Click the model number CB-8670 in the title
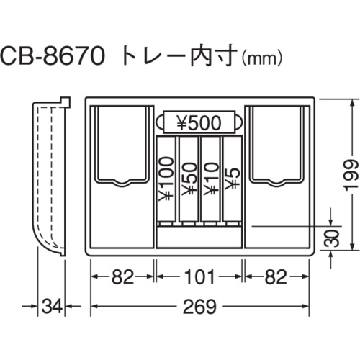(53, 57)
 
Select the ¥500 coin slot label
(199, 122)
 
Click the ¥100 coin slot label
(166, 179)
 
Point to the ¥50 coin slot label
(189, 179)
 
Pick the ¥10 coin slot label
(210, 179)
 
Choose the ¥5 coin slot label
(232, 179)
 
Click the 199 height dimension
(352, 175)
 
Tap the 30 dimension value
(332, 238)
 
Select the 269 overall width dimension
(199, 307)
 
